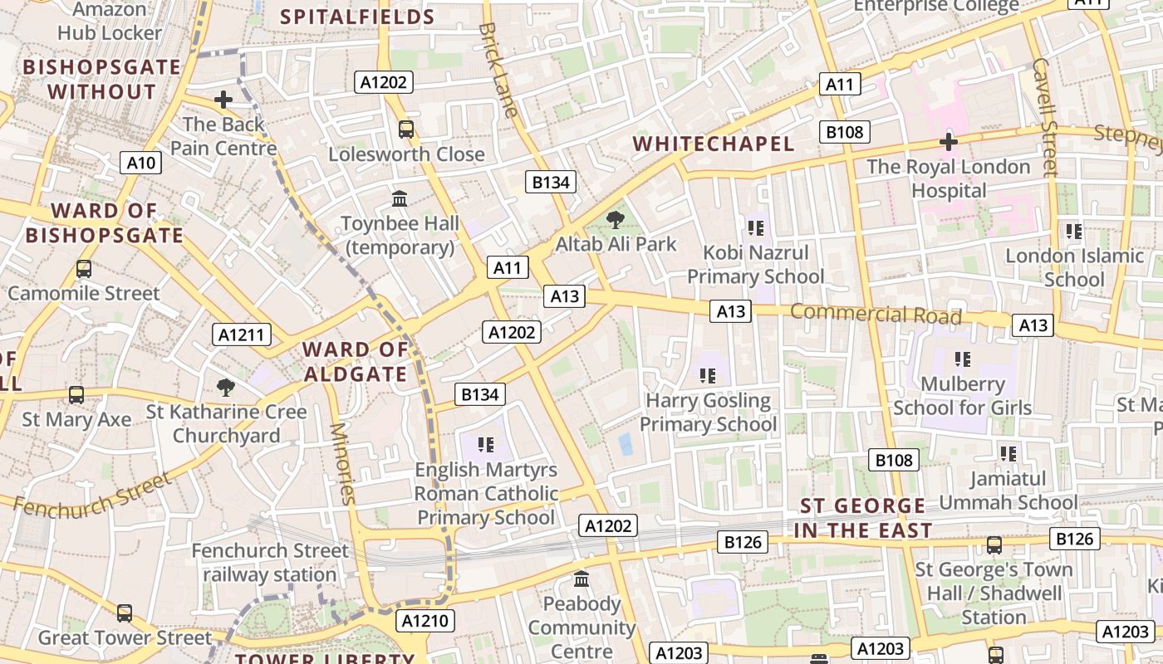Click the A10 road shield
140,163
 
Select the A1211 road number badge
242,334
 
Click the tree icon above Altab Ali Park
615,220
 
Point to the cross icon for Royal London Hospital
948,142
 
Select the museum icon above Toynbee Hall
400,199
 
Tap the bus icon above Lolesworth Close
405,129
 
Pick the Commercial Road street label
876,315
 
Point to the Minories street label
342,464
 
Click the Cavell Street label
1044,116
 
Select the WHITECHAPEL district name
714,144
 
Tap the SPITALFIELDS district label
357,17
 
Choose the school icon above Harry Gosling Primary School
708,376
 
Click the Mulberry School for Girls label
962,396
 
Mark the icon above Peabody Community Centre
581,579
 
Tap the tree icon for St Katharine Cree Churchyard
225,387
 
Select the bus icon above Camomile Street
83,269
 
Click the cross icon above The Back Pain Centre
223,100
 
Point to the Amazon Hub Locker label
110,22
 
